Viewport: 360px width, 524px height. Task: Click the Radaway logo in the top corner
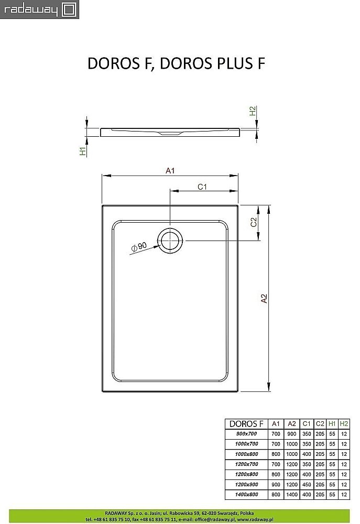[39, 9]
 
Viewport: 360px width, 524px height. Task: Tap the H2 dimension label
[253, 111]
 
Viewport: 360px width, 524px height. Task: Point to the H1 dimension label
[82, 151]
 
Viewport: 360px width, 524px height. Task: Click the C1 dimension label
[203, 187]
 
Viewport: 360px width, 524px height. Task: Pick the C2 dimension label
[253, 222]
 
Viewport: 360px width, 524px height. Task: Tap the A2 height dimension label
[264, 298]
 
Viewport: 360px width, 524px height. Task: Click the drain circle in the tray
[171, 241]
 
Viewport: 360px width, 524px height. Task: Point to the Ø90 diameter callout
[139, 246]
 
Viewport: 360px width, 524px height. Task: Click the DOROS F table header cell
[243, 423]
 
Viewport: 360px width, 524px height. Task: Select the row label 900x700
[243, 434]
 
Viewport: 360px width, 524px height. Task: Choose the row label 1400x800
[243, 495]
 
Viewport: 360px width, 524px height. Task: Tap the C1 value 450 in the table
[307, 485]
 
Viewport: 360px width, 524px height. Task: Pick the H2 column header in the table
[344, 423]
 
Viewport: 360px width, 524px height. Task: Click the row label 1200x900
[243, 485]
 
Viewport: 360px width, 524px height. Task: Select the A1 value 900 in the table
[276, 485]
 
